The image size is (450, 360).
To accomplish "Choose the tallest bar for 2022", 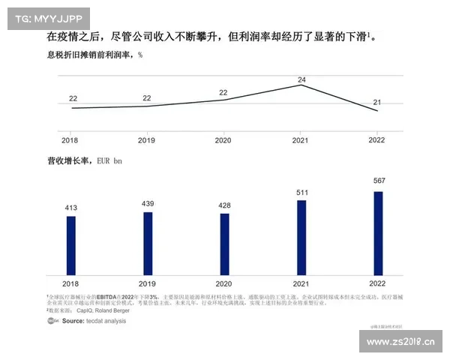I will point(378,232).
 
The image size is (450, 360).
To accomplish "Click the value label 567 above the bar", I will point(378,181).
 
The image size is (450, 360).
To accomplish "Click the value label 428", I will point(224,205).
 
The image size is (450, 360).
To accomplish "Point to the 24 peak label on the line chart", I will point(301,79).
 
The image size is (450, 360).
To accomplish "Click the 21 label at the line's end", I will point(378,102).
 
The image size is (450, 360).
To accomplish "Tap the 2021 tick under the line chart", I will point(301,140).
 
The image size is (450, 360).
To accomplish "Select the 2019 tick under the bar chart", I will point(148,284).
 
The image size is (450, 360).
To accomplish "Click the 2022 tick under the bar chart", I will point(378,284).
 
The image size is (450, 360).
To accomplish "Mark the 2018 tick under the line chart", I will point(70,140).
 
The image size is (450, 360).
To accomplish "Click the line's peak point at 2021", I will point(301,85).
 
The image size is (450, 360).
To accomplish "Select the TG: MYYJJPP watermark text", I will point(48,18).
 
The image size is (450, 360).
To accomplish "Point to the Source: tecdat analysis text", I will point(94,321).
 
